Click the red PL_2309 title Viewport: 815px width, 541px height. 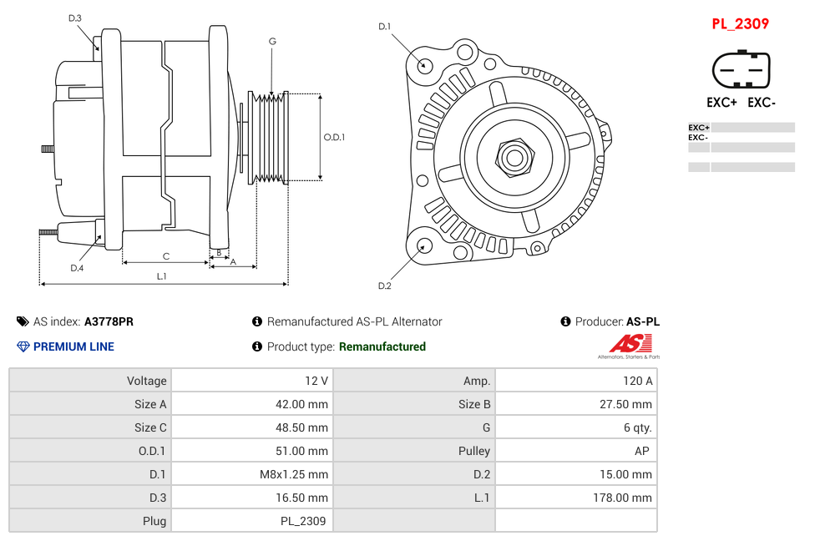coord(740,24)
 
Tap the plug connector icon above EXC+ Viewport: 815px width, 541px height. coord(740,70)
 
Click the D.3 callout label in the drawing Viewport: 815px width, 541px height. coord(75,18)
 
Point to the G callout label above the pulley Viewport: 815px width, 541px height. coord(272,41)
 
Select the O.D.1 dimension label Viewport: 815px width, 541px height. coord(334,138)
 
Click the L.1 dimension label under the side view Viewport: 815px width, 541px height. coord(161,276)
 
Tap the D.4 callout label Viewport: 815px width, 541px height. coord(77,267)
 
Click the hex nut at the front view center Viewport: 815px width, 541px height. coord(514,157)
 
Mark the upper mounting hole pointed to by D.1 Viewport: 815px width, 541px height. coord(425,64)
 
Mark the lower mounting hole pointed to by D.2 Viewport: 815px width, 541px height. coord(424,245)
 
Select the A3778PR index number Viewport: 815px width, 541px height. coord(109,321)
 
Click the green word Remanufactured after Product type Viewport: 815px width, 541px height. coord(382,346)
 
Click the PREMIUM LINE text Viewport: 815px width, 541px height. coord(73,346)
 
